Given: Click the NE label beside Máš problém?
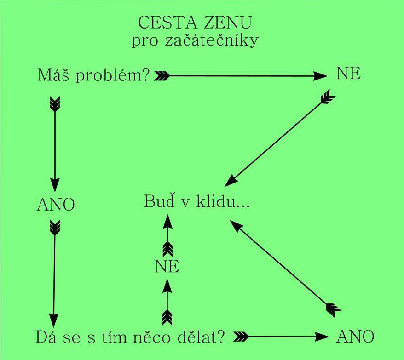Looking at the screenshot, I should coord(348,74).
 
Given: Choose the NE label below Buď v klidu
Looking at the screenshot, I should coord(167,267).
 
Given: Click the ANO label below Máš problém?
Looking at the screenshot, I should coord(55,205).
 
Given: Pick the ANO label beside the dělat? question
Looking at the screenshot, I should coord(355,337).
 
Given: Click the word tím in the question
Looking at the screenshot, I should coord(121,337).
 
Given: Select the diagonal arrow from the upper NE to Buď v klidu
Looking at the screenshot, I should coord(280,138).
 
